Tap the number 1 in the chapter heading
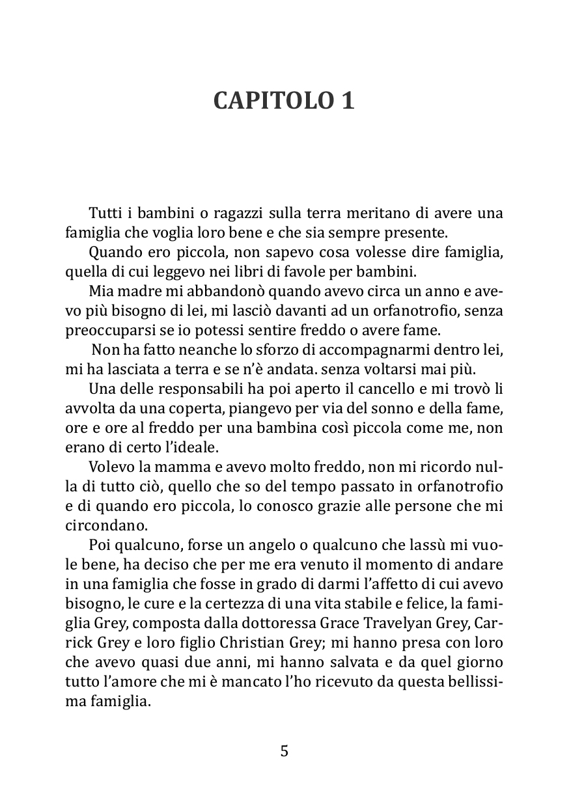[347, 101]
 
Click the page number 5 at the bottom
[284, 752]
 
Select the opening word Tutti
[104, 214]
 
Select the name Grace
[343, 624]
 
